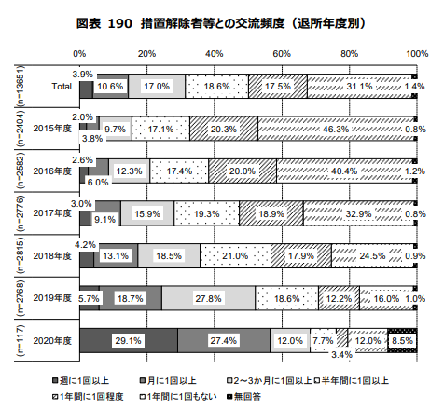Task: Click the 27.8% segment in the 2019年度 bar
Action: pyautogui.click(x=209, y=298)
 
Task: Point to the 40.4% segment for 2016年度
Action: pyautogui.click(x=344, y=171)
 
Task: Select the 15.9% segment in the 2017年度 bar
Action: pyautogui.click(x=146, y=213)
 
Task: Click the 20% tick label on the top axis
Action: pyautogui.click(x=146, y=53)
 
